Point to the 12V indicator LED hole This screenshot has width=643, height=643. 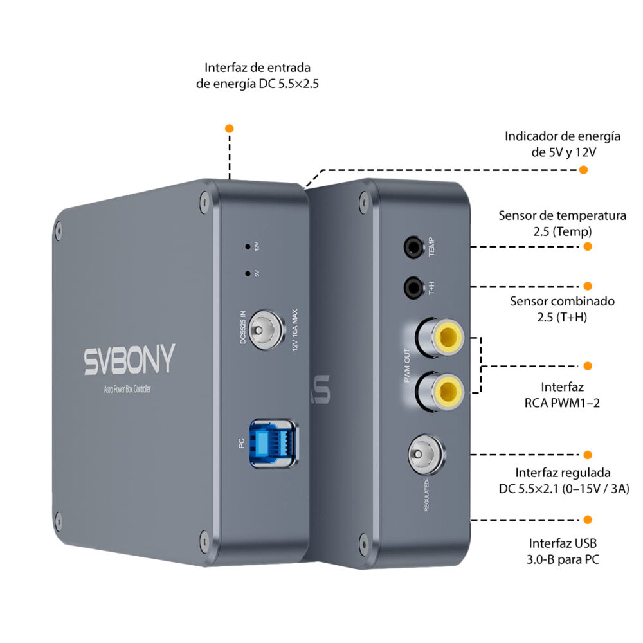tap(248, 246)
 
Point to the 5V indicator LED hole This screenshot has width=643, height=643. tap(248, 273)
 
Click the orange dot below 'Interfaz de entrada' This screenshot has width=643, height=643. tap(230, 129)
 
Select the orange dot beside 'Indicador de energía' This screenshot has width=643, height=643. tap(583, 170)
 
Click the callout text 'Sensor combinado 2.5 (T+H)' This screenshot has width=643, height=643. tap(563, 309)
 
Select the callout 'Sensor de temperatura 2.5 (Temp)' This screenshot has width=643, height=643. tap(562, 223)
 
